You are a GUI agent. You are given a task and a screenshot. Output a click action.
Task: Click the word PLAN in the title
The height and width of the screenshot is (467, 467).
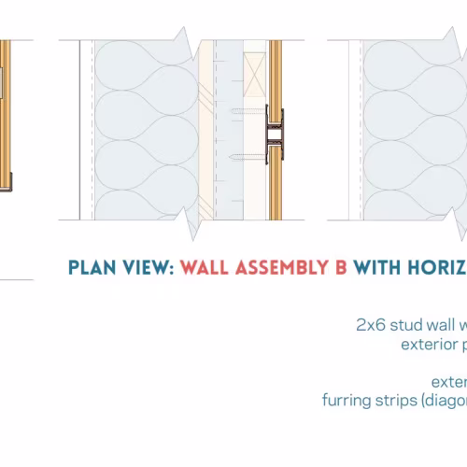pyautogui.click(x=92, y=267)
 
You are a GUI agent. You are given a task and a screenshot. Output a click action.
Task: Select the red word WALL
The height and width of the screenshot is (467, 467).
pyautogui.click(x=205, y=267)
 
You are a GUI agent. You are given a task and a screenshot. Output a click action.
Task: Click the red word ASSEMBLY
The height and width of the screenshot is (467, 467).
pyautogui.click(x=282, y=267)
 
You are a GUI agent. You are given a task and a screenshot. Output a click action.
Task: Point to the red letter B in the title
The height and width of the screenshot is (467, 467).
pyautogui.click(x=341, y=267)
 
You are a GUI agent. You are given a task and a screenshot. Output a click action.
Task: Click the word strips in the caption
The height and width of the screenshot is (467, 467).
pyautogui.click(x=396, y=401)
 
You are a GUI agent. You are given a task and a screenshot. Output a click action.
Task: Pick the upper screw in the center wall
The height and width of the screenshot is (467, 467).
pyautogui.click(x=248, y=110)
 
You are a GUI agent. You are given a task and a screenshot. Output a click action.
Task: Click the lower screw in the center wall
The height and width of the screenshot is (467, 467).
pyautogui.click(x=248, y=157)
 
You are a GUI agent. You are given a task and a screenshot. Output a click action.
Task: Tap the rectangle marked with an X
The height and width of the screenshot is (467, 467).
pyautogui.click(x=255, y=75)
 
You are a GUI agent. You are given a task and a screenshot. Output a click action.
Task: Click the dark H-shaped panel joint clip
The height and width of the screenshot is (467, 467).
pyautogui.click(x=275, y=134)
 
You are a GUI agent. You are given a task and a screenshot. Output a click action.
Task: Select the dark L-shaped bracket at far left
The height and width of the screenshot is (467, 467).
pyautogui.click(x=9, y=182)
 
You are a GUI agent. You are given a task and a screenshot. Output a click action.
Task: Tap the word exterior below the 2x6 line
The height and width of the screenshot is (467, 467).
pyautogui.click(x=429, y=345)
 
